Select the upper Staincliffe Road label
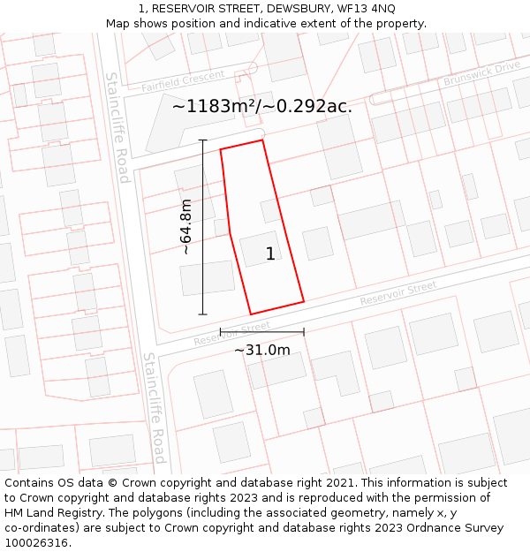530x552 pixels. coord(118,127)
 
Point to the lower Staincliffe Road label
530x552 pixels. coord(154,408)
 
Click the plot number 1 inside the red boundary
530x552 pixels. coord(270,254)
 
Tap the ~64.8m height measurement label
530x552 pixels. coord(185,227)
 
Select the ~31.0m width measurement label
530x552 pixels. coord(261,350)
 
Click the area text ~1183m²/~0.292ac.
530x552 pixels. coord(261,107)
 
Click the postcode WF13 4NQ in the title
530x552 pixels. coord(364,9)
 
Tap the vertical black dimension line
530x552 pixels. coord(203,227)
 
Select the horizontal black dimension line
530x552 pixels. coord(261,332)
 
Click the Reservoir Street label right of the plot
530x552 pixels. coord(397,293)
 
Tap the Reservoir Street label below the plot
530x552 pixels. coord(231,333)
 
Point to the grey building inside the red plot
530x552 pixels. coord(261,249)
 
